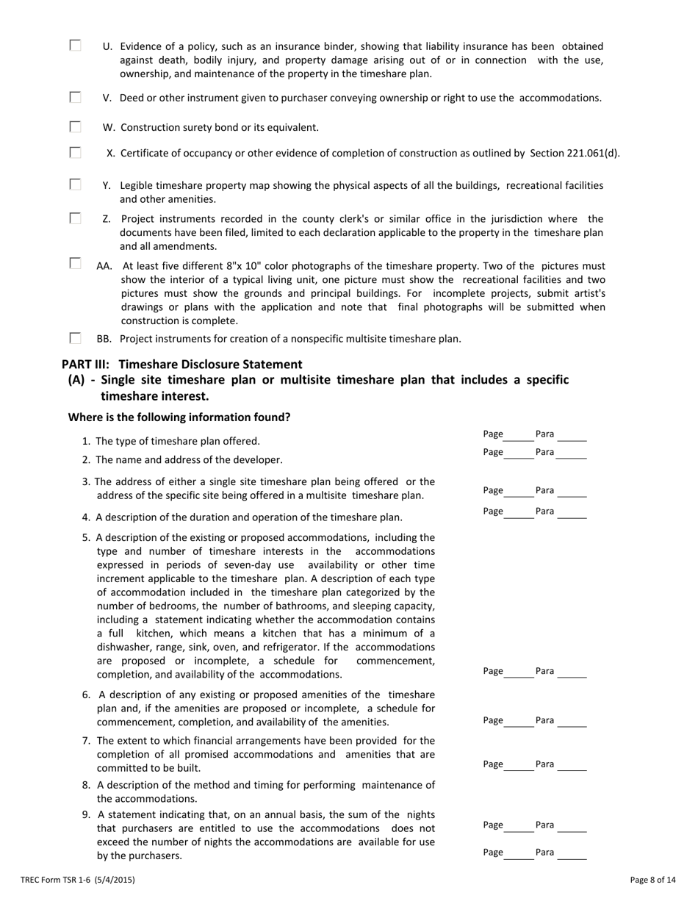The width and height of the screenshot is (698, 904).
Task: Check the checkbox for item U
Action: pyautogui.click(x=76, y=46)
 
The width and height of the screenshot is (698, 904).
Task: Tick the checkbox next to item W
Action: pyautogui.click(x=76, y=126)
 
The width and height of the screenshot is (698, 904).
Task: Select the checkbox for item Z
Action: pyautogui.click(x=76, y=218)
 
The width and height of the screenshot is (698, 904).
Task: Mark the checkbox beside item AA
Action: pyautogui.click(x=76, y=263)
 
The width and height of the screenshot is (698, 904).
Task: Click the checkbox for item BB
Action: pyautogui.click(x=76, y=338)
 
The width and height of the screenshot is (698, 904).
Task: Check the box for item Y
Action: pyautogui.click(x=76, y=184)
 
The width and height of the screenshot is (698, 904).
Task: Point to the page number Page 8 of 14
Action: pyautogui.click(x=653, y=879)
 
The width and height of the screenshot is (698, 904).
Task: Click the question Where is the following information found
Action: pyautogui.click(x=179, y=417)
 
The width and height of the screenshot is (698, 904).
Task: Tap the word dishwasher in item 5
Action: pyautogui.click(x=122, y=647)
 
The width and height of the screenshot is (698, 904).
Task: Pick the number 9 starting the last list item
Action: pyautogui.click(x=87, y=814)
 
